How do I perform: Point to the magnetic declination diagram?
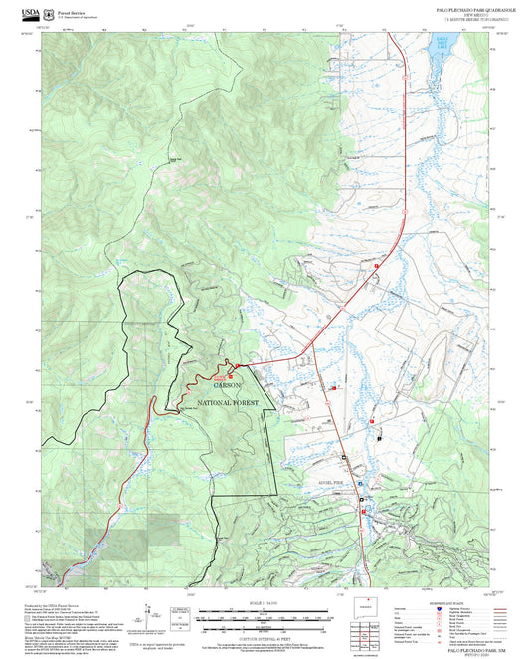(x=180, y=614)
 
